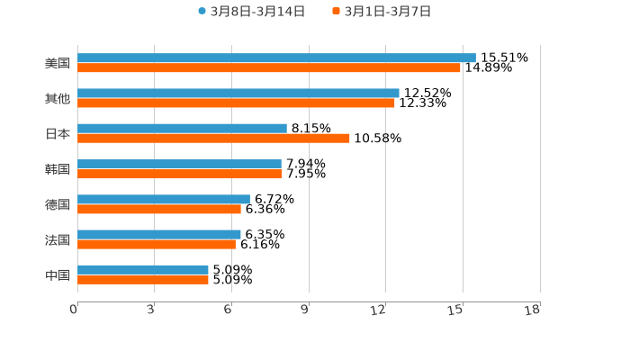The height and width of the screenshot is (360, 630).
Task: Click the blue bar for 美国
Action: point(276,58)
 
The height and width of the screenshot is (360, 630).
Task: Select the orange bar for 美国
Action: point(269,67)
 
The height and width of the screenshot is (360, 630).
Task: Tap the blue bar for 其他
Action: point(238,93)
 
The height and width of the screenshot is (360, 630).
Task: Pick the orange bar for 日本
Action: point(213,138)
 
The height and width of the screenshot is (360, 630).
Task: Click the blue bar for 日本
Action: point(182,128)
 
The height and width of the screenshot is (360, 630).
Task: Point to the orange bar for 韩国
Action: point(180,174)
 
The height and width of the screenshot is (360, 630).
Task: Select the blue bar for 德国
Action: point(164,199)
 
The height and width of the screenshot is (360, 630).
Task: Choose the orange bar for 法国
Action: point(157,244)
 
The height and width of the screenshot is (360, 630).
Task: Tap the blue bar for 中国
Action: point(143,269)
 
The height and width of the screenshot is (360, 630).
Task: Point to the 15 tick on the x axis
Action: point(458,310)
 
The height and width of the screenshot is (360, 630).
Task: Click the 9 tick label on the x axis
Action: point(305,310)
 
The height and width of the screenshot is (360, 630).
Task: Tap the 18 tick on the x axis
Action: point(535,310)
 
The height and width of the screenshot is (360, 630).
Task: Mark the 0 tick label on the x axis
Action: point(74,310)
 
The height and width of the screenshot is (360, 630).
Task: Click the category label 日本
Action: point(58,133)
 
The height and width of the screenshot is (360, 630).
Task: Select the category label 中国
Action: point(58,274)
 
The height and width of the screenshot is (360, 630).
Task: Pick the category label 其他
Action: point(58,98)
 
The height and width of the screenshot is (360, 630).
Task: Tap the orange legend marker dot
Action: point(336,12)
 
